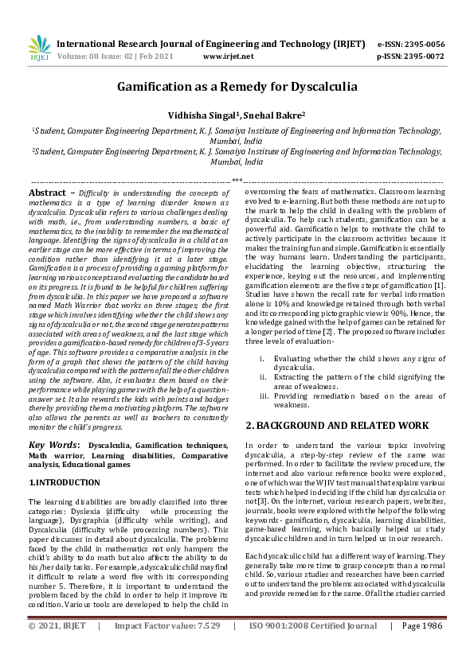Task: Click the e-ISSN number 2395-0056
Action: pyautogui.click(x=423, y=45)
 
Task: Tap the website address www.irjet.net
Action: pyautogui.click(x=229, y=57)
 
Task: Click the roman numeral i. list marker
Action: pyautogui.click(x=263, y=359)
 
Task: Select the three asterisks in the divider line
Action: pyautogui.click(x=237, y=181)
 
